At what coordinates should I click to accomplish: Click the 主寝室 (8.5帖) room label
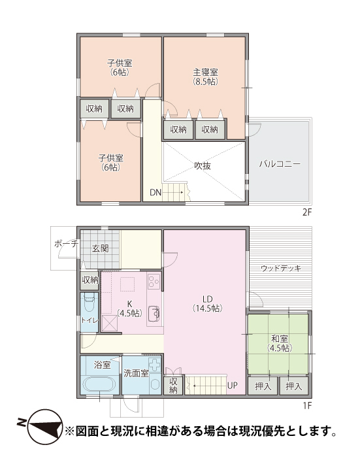205,76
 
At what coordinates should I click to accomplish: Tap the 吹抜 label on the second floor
203,166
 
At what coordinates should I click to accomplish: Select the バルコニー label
280,164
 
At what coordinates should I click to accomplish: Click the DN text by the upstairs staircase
155,193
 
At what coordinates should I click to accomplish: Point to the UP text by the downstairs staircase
233,386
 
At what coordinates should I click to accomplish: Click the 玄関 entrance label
100,248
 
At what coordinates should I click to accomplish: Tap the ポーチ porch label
66,244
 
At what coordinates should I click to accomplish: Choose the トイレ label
90,320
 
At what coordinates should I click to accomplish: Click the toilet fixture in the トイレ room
89,302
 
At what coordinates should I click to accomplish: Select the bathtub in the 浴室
98,384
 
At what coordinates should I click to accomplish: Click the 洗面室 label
136,373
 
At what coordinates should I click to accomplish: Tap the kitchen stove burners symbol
154,280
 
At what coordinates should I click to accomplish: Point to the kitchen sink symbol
154,313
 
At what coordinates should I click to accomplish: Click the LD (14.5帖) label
208,303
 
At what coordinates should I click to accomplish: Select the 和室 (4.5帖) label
279,343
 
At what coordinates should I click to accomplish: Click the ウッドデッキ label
281,268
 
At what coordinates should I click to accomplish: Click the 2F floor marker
307,212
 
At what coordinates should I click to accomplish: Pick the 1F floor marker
307,405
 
